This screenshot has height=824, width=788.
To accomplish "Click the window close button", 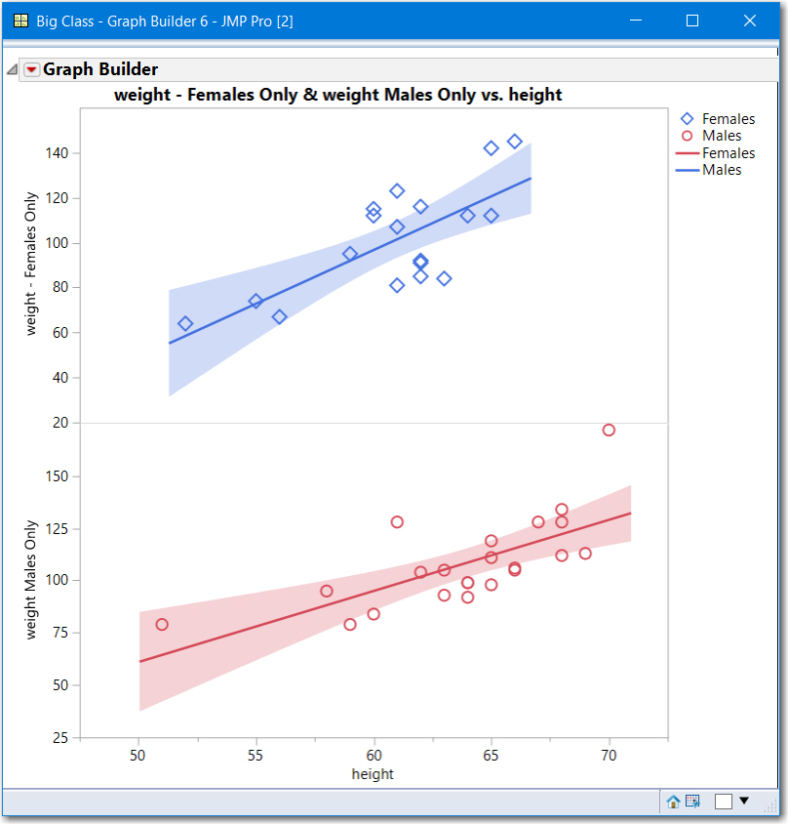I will point(749,21).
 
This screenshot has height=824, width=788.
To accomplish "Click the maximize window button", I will point(692,21).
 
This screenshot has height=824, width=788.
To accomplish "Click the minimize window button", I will point(636,21).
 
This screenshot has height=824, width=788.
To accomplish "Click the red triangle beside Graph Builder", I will point(31,69).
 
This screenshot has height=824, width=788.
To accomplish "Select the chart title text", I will point(337,95).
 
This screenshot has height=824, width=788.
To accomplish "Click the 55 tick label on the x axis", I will point(256,757).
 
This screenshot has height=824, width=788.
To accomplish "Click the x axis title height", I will point(373,774).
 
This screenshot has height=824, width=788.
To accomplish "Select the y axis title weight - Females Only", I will point(31,264).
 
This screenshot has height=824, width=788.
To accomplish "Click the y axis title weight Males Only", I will point(31,580).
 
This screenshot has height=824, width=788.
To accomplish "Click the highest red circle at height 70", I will point(609,430).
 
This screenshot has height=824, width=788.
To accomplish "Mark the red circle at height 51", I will point(162,624).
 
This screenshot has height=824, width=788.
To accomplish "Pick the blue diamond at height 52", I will point(185,323).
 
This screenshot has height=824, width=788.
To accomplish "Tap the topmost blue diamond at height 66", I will point(515,142).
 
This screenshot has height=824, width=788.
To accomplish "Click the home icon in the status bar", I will point(673,802).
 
